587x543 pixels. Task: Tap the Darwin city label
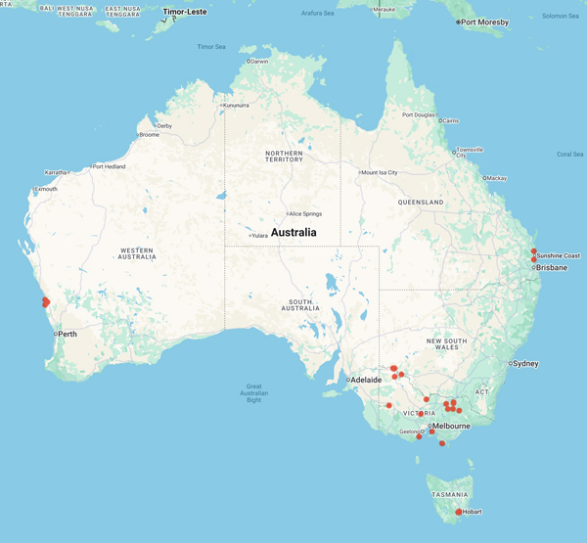(259, 61)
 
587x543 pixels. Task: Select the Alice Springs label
(302, 213)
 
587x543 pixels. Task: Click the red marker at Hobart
(459, 512)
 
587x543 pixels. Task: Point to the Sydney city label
(525, 363)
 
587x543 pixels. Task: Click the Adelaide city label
(367, 380)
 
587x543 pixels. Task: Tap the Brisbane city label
(550, 267)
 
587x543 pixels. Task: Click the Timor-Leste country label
(186, 12)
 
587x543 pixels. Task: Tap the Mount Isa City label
(380, 172)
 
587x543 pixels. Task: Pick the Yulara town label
(260, 235)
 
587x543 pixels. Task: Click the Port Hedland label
(111, 166)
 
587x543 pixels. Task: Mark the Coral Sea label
(569, 154)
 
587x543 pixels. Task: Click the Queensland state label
(422, 202)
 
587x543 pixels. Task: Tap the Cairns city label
(449, 120)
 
